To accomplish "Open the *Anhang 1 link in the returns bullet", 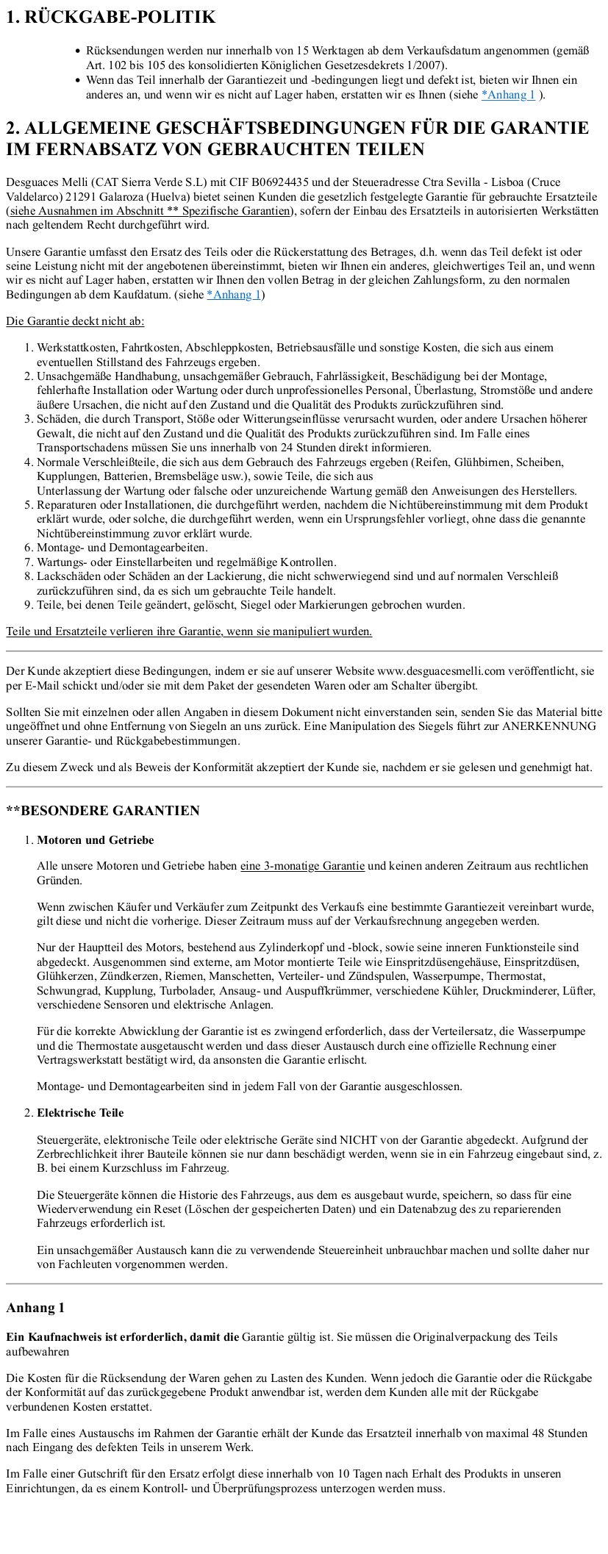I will (x=508, y=95).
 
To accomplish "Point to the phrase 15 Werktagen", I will (x=328, y=51).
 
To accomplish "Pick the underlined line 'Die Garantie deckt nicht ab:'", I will (x=75, y=321).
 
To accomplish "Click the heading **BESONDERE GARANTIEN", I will (x=103, y=811).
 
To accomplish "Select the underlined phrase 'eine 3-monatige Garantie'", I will (x=302, y=866).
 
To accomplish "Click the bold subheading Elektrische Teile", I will (x=80, y=1113).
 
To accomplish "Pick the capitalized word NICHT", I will (x=358, y=1140).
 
